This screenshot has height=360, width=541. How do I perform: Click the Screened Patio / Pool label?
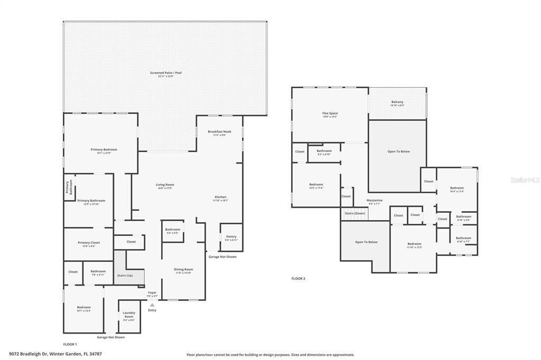(x=165, y=73)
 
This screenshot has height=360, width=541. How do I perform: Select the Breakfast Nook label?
(x=219, y=131)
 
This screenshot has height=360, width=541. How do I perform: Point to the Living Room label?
(x=165, y=185)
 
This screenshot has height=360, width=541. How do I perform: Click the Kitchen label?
(x=220, y=197)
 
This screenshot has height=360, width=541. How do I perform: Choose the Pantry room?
(x=231, y=237)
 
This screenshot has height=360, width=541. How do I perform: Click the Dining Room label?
(x=183, y=269)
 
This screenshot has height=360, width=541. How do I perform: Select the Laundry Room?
(x=129, y=316)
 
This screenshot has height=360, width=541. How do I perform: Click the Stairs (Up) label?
(x=125, y=275)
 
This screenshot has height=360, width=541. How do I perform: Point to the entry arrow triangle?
(x=152, y=305)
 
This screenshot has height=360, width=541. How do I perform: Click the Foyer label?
(x=152, y=292)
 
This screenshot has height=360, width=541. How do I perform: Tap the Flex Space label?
(x=330, y=113)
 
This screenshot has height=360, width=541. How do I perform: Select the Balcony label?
(x=397, y=102)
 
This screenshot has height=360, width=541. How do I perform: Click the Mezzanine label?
(x=375, y=200)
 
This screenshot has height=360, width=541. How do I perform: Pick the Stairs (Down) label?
(x=355, y=213)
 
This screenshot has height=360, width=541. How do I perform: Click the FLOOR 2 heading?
(x=299, y=278)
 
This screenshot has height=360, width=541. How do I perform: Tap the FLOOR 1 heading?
(x=70, y=344)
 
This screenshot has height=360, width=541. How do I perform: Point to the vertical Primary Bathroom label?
(x=68, y=188)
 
